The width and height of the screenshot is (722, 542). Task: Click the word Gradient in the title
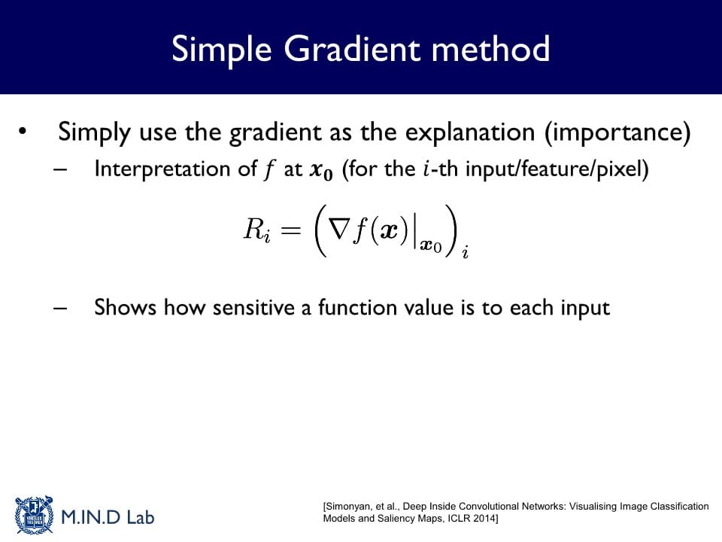click(352, 48)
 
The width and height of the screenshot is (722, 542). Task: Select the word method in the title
click(490, 48)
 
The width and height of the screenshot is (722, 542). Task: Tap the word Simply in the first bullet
click(95, 133)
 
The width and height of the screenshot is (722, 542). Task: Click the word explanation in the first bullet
click(469, 133)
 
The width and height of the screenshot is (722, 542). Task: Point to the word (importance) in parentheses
click(617, 133)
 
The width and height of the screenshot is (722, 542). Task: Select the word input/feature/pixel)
click(557, 169)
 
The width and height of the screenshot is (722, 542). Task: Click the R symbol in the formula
click(254, 228)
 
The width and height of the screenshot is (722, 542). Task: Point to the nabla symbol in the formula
click(338, 228)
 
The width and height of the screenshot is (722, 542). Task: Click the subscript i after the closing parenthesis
click(466, 252)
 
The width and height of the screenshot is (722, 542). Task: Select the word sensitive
click(253, 307)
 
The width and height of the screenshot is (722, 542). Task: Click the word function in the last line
click(358, 307)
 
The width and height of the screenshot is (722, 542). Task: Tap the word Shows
click(126, 307)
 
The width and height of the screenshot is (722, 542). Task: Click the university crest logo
click(34, 515)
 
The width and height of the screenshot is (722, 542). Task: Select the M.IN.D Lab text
click(108, 517)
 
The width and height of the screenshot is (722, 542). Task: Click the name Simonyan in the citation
click(348, 507)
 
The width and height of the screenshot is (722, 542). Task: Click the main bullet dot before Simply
click(23, 132)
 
